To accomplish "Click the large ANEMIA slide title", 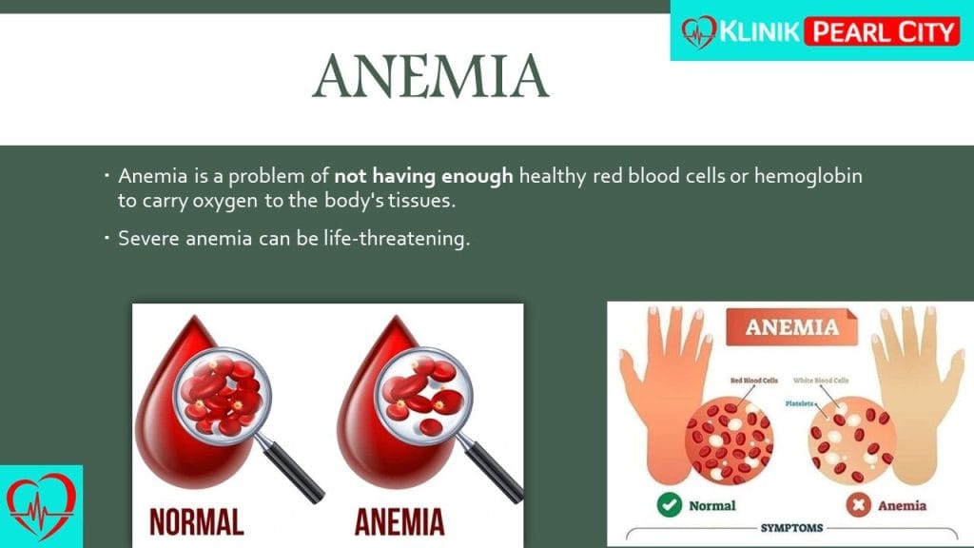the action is pyautogui.click(x=431, y=76).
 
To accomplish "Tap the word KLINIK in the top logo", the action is pyautogui.click(x=759, y=31).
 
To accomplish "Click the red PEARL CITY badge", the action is pyautogui.click(x=883, y=31).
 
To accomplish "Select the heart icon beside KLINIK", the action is pyautogui.click(x=699, y=31).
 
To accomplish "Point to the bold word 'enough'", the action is pyautogui.click(x=477, y=176).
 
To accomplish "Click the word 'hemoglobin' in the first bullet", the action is pyautogui.click(x=808, y=176).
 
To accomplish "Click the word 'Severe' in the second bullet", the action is pyautogui.click(x=149, y=239).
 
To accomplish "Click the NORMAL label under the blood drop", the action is pyautogui.click(x=196, y=522).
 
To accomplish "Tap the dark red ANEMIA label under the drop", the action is pyautogui.click(x=399, y=522).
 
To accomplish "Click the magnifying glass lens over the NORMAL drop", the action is pyautogui.click(x=223, y=394).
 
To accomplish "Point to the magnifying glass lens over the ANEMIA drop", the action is pyautogui.click(x=424, y=396).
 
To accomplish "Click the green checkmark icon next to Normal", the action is pyautogui.click(x=669, y=504).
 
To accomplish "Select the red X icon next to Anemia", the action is pyautogui.click(x=858, y=504).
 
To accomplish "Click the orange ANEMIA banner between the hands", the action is pyautogui.click(x=792, y=327).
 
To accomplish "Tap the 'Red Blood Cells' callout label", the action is pyautogui.click(x=754, y=381).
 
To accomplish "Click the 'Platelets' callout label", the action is pyautogui.click(x=799, y=403).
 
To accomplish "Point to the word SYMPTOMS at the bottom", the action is pyautogui.click(x=791, y=528).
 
